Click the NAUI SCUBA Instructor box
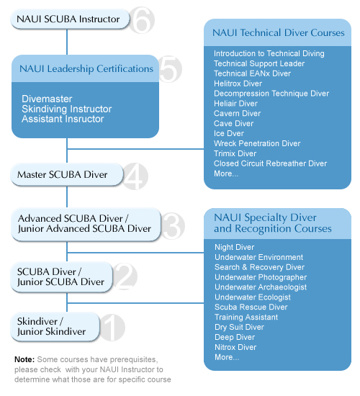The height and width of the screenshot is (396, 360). (70, 19)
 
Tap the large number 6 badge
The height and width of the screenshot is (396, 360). (142, 20)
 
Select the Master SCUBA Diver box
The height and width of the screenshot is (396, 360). (67, 175)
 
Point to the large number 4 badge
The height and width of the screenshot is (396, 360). (135, 176)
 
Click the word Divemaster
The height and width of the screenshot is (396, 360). (47, 99)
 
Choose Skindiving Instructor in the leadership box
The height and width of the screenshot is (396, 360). (67, 109)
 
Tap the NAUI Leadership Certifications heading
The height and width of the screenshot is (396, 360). (86, 68)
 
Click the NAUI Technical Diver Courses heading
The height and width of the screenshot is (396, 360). (279, 33)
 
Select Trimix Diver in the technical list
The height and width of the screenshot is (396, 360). (235, 153)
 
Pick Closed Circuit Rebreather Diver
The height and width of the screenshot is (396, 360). (270, 163)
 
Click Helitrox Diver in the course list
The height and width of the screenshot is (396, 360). (238, 84)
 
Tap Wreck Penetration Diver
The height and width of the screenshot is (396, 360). (257, 143)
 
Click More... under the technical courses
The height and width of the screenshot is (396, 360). (226, 174)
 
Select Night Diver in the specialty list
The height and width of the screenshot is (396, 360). (235, 247)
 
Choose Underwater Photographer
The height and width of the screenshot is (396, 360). (261, 277)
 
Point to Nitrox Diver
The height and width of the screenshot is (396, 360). (235, 347)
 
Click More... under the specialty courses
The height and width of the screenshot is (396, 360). (227, 357)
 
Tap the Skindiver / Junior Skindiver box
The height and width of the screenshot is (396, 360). (55, 327)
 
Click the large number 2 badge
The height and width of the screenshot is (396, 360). (125, 276)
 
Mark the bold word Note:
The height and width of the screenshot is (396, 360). (24, 359)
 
